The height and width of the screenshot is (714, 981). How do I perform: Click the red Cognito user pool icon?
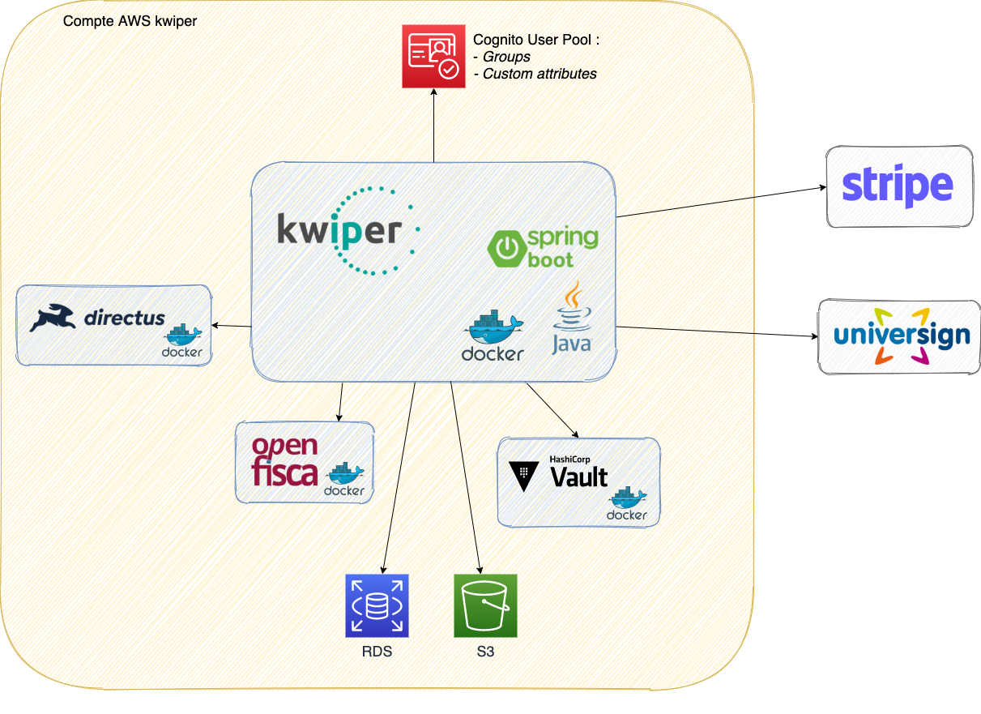[433, 56]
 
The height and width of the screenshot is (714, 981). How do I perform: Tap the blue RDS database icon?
[377, 605]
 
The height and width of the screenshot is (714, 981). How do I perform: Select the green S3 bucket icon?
[485, 605]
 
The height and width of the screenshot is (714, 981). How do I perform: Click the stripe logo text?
[898, 186]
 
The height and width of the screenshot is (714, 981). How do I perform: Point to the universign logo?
[902, 336]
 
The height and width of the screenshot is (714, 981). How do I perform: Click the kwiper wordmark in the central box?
[339, 229]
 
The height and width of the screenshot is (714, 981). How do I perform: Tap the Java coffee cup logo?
[572, 318]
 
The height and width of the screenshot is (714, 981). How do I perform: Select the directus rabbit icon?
[53, 318]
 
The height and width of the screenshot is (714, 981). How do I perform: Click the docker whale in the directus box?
[182, 336]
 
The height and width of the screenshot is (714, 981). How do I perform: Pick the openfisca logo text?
[284, 460]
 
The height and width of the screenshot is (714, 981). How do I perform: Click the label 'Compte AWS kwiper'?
[130, 19]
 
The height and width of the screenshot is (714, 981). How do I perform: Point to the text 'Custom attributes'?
[540, 74]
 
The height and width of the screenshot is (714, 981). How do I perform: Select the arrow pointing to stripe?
[721, 202]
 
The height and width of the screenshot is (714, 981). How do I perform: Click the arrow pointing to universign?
[717, 331]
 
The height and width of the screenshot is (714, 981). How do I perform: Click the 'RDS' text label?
[377, 652]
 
